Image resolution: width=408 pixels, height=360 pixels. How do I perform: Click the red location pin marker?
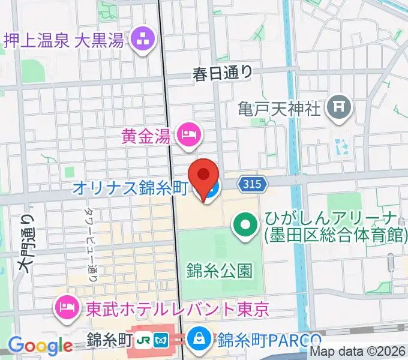pyautogui.click(x=203, y=176)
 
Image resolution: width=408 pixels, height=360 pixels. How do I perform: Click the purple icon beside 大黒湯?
pyautogui.click(x=143, y=41)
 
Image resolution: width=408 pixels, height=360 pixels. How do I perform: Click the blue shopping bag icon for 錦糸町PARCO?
pyautogui.click(x=198, y=340)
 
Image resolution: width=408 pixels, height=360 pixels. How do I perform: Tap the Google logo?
pyautogui.click(x=40, y=345)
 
